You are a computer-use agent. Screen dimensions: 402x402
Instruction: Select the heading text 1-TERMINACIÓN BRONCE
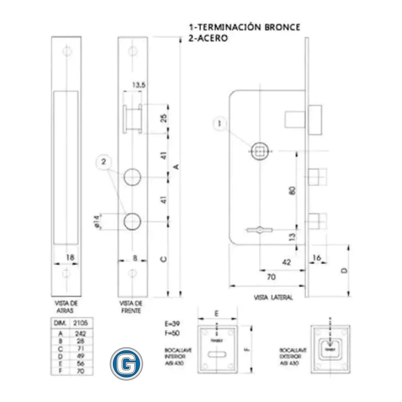coord(245,27)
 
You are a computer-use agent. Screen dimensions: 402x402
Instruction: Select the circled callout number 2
coord(104,162)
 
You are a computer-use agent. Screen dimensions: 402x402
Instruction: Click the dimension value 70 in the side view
coord(271,276)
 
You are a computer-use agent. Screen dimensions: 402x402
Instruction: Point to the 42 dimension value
coord(286,261)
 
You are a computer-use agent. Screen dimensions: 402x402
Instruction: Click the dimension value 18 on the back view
coord(71,257)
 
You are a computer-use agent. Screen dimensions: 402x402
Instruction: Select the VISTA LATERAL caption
coord(274,297)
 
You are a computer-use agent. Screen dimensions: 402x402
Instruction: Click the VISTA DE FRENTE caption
coord(131,308)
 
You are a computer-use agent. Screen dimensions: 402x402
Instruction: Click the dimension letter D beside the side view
coord(344,270)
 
